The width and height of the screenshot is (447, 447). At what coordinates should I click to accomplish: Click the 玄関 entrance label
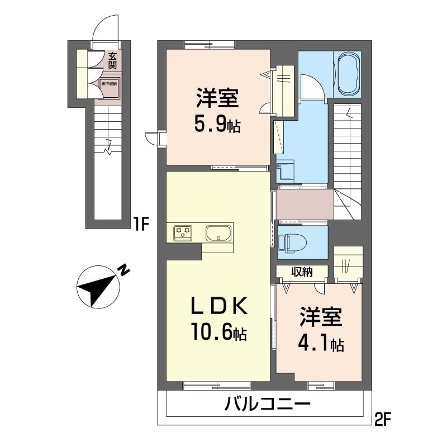pyautogui.click(x=112, y=60)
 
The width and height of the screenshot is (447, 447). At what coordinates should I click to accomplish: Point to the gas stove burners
pyautogui.click(x=182, y=232)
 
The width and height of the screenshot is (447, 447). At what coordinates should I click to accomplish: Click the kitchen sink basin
pyautogui.click(x=218, y=232)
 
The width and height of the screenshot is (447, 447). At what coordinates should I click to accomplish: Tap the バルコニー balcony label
pyautogui.click(x=268, y=404)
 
